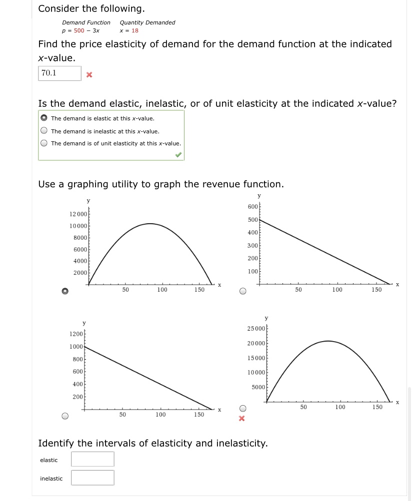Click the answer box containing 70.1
click(59, 73)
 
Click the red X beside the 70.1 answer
click(89, 75)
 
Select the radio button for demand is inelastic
click(44, 131)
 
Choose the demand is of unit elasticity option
click(44, 143)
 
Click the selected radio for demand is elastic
click(44, 118)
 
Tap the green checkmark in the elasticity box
click(178, 155)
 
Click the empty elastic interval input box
click(92, 459)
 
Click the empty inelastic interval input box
click(92, 478)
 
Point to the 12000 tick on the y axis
click(78, 214)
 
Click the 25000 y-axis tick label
click(256, 328)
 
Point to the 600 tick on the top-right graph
click(252, 207)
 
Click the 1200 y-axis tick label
click(76, 334)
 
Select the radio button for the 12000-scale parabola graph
click(65, 291)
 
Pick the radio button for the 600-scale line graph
click(243, 291)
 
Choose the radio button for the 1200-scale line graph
click(65, 416)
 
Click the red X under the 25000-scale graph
click(242, 419)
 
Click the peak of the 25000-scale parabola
click(327, 341)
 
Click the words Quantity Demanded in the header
click(147, 22)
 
